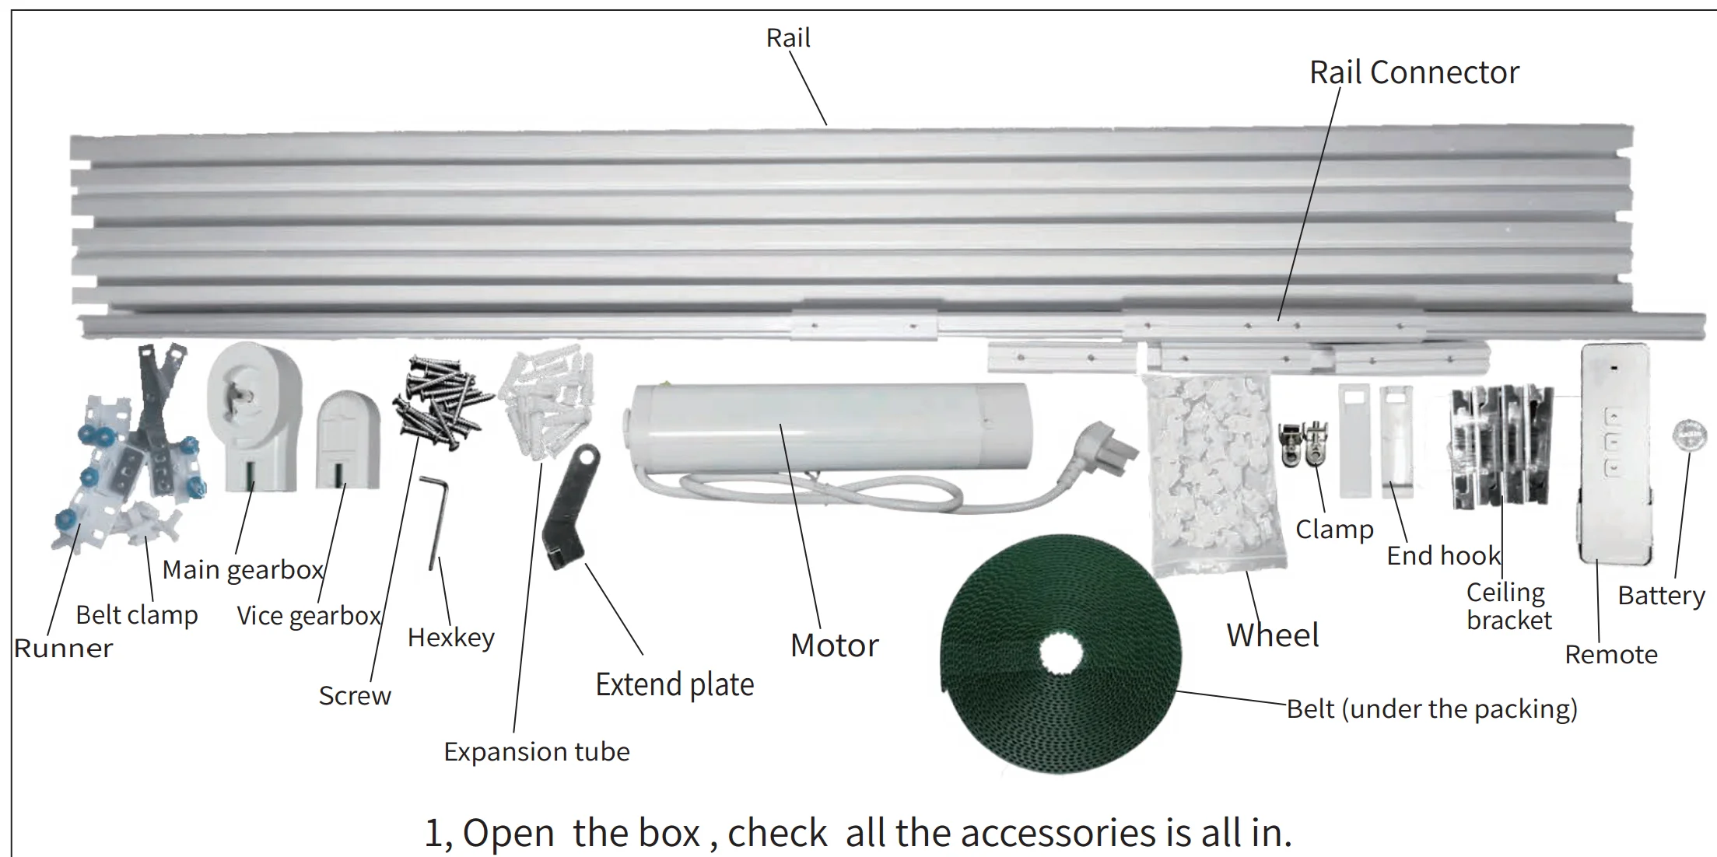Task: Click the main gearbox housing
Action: pyautogui.click(x=254, y=417)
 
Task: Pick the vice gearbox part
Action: pyautogui.click(x=348, y=439)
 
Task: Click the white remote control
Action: pyautogui.click(x=1615, y=455)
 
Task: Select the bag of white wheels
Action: pyautogui.click(x=1213, y=474)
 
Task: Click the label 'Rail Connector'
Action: pyautogui.click(x=1414, y=72)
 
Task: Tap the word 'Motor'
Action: pyautogui.click(x=834, y=645)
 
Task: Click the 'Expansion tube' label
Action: pyautogui.click(x=537, y=752)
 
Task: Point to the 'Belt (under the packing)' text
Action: pyautogui.click(x=1431, y=709)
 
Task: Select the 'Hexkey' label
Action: pyautogui.click(x=451, y=638)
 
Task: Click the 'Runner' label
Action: pyautogui.click(x=64, y=649)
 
